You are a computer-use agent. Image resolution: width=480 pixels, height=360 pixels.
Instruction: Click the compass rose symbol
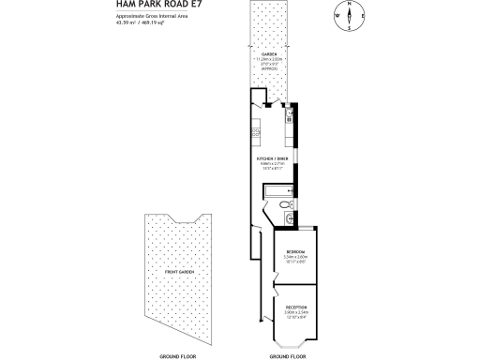pyautogui.click(x=348, y=16)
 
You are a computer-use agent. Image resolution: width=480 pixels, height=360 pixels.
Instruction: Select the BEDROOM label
pyautogui.click(x=295, y=252)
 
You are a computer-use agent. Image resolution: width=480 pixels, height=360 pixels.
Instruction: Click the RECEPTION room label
pyautogui.click(x=295, y=307)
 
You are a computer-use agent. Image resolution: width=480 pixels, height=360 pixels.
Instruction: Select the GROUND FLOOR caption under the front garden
pyautogui.click(x=176, y=356)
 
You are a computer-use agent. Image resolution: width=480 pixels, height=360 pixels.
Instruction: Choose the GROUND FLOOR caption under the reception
pyautogui.click(x=287, y=356)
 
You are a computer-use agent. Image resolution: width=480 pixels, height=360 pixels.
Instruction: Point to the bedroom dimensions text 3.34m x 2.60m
pyautogui.click(x=295, y=258)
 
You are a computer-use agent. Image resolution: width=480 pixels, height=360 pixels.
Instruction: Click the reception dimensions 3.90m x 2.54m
pyautogui.click(x=295, y=312)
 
